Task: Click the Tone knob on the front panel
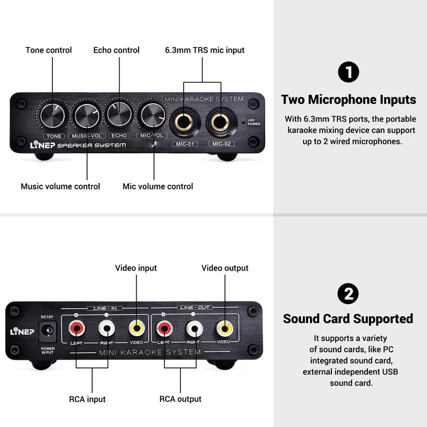click(52, 116)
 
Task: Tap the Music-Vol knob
click(87, 115)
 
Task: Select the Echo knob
click(119, 114)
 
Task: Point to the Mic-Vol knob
click(153, 115)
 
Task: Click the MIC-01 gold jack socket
click(184, 122)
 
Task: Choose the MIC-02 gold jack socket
click(221, 122)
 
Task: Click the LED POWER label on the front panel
click(254, 122)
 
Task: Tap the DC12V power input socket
click(48, 331)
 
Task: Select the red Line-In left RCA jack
click(77, 328)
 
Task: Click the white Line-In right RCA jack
click(107, 328)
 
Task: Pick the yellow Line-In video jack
click(137, 328)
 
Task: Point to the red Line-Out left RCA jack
click(164, 328)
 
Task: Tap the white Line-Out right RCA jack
click(194, 328)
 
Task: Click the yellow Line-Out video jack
click(225, 328)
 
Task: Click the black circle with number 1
click(348, 72)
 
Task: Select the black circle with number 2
click(348, 294)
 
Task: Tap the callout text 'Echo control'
click(116, 50)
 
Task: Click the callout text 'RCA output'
click(180, 399)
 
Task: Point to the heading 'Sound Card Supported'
click(348, 319)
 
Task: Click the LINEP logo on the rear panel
click(22, 331)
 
